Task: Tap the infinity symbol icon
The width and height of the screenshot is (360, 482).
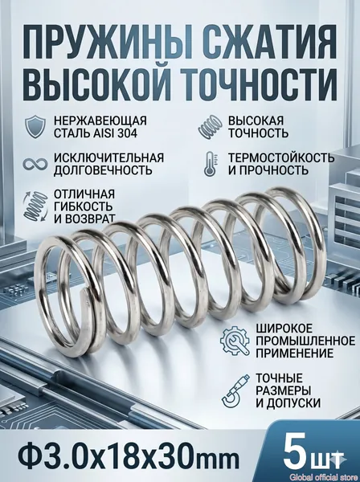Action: point(35,164)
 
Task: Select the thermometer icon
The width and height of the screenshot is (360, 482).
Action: point(211,164)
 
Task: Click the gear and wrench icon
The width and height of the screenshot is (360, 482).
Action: point(235,341)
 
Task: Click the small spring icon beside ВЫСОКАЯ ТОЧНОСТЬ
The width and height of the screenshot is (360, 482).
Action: point(211,127)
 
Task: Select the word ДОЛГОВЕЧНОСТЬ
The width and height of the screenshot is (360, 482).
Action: point(103,170)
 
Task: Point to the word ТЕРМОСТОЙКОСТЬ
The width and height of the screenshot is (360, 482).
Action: point(281,157)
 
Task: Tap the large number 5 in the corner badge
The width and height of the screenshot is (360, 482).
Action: point(294,451)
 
